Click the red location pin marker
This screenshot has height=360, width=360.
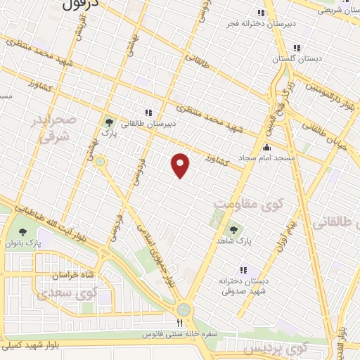click(x=181, y=165)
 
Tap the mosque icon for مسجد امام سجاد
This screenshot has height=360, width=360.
click(x=266, y=148)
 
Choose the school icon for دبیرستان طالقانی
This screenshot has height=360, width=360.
click(x=148, y=112)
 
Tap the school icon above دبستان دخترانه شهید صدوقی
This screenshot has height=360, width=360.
click(x=244, y=269)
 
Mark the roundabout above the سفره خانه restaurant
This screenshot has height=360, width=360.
click(x=184, y=309)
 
